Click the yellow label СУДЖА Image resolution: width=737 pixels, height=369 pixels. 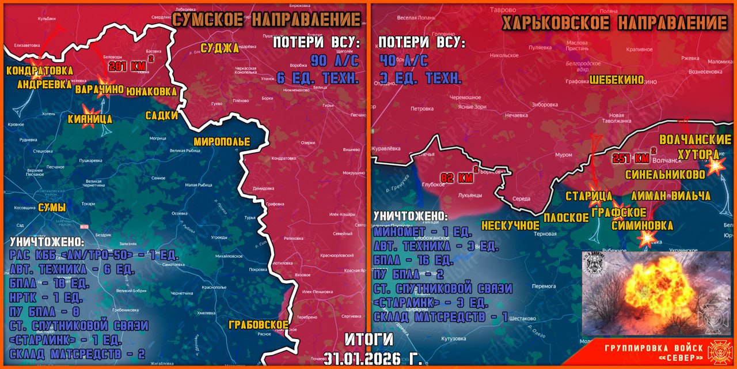coord(219,48)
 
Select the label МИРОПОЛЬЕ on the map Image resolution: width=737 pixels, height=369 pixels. coord(222,142)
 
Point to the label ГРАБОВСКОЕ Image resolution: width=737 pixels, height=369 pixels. coord(258,324)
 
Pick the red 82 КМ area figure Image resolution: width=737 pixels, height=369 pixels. coord(457,178)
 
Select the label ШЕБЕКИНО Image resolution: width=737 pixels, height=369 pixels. coord(616,80)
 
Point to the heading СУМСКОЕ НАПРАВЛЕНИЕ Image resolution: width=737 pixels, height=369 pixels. coord(267,19)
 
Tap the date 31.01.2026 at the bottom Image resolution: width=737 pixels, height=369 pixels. coord(373,359)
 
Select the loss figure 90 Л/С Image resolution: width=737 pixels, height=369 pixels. coord(335,61)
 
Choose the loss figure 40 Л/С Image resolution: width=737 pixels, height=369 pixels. coord(403,61)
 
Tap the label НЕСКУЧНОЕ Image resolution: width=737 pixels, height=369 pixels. coord(510,224)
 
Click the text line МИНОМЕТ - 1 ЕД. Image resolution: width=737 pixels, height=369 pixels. coord(423,232)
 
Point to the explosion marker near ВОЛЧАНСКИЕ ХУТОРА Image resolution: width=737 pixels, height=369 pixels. coord(715,165)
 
